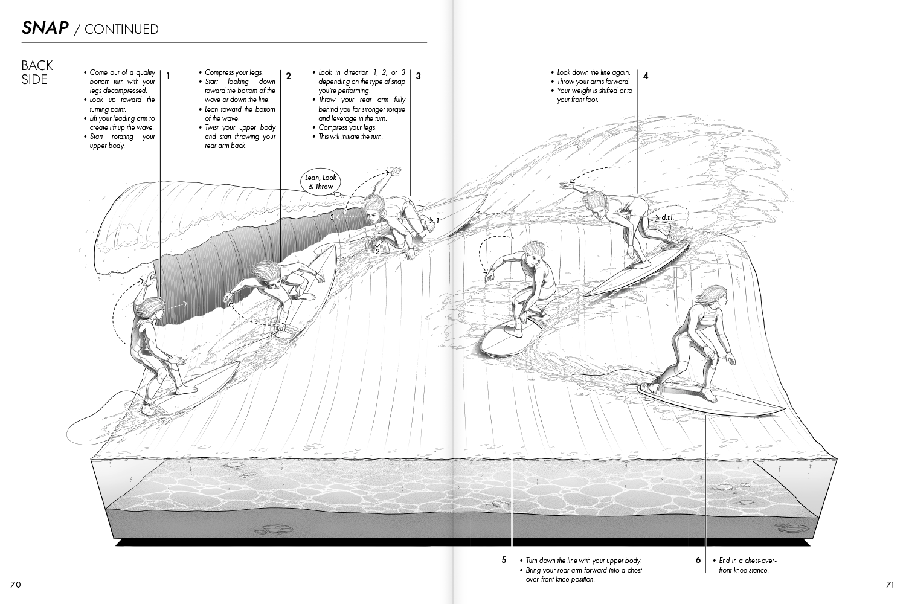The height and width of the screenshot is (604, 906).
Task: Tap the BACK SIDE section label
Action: pyautogui.click(x=37, y=72)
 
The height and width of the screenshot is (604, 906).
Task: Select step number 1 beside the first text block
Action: pyautogui.click(x=168, y=76)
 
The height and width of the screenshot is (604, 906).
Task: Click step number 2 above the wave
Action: pyautogui.click(x=288, y=76)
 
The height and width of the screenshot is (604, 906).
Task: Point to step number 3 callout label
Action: pyautogui.click(x=418, y=76)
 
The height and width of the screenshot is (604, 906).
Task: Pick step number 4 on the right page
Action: pyautogui.click(x=646, y=76)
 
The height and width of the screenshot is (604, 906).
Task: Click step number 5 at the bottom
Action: pyautogui.click(x=504, y=560)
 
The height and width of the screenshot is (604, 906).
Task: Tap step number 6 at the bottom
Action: pyautogui.click(x=698, y=560)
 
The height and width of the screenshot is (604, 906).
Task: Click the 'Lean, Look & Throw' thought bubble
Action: pyautogui.click(x=321, y=182)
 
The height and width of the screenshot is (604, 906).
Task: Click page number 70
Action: pyautogui.click(x=16, y=584)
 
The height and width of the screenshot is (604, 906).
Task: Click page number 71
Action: pyautogui.click(x=889, y=584)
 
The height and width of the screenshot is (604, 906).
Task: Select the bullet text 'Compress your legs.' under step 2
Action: pyautogui.click(x=233, y=72)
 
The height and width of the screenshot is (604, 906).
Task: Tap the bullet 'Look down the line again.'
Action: pyautogui.click(x=593, y=72)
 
